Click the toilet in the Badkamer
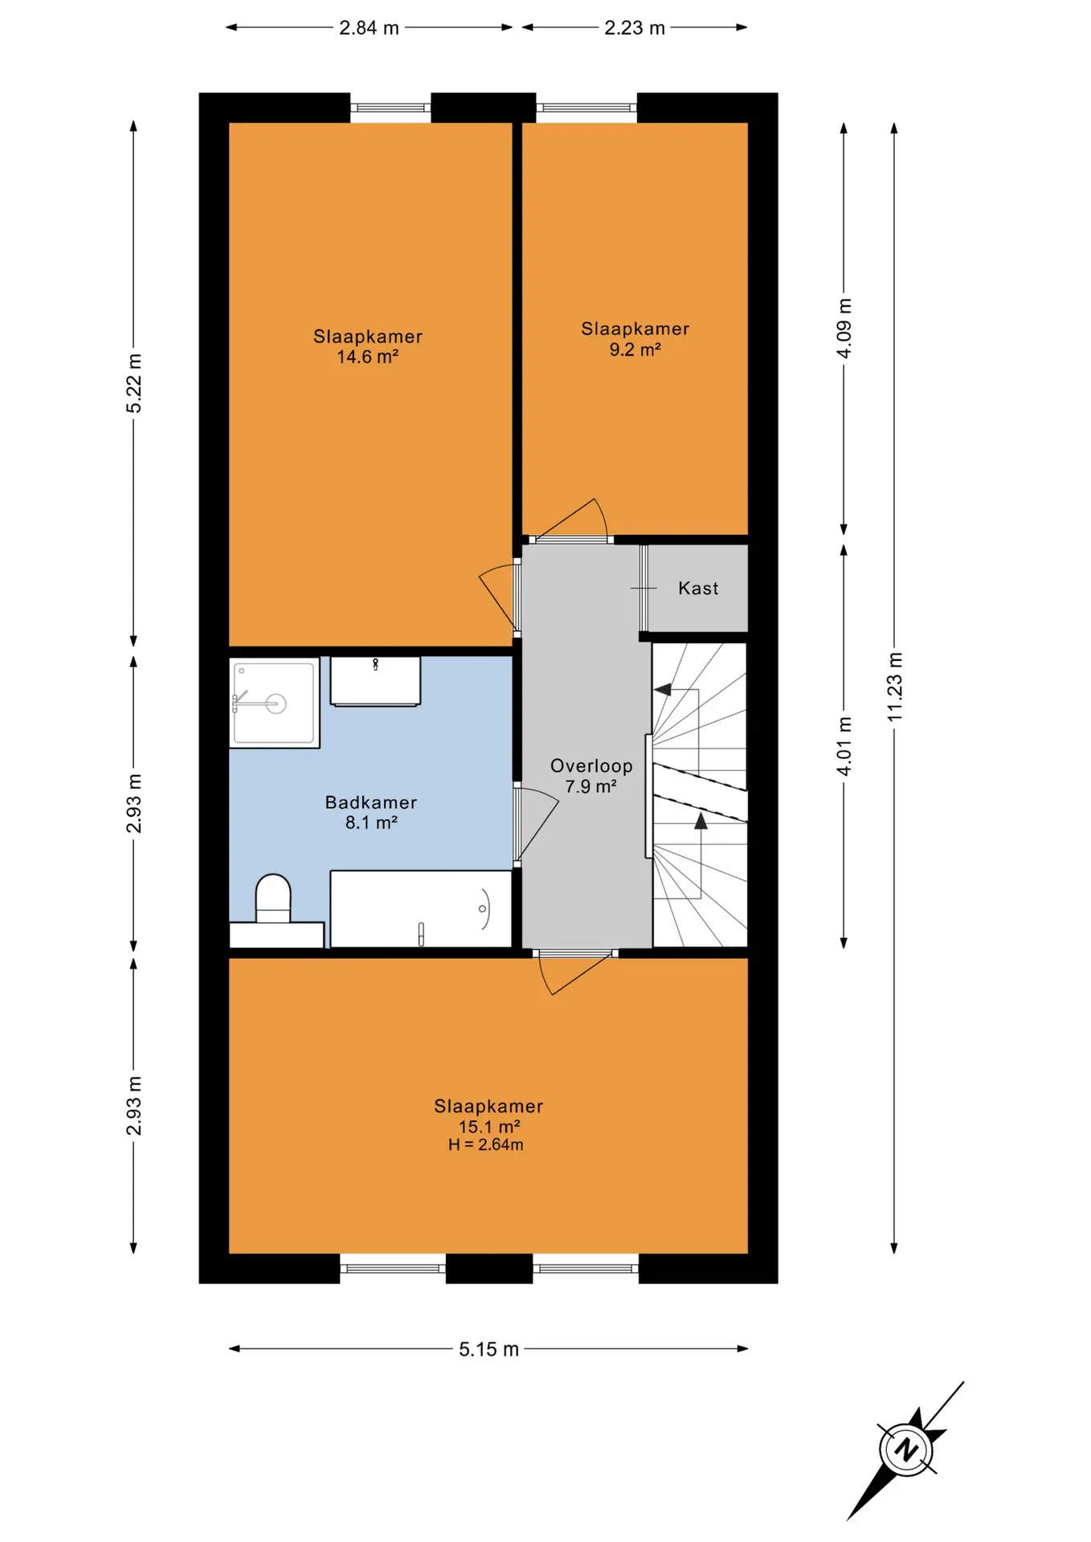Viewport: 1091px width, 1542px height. click(273, 899)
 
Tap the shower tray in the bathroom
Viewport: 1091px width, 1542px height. click(274, 703)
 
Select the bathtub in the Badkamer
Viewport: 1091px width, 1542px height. click(421, 908)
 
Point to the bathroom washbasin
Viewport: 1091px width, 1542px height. click(375, 681)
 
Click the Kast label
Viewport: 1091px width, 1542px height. click(698, 588)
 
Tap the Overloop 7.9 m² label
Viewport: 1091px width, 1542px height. click(591, 776)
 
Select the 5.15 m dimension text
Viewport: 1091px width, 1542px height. click(488, 1348)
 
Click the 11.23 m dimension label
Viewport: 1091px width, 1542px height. click(895, 687)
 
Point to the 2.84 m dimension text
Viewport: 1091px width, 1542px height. click(369, 27)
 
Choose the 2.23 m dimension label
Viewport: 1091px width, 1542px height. click(635, 27)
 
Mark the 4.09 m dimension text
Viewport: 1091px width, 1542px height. click(844, 328)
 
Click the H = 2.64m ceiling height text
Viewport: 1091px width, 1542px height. click(485, 1144)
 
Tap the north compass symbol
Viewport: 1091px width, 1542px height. click(906, 1450)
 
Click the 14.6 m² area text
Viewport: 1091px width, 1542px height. click(367, 357)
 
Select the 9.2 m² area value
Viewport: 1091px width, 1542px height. click(635, 349)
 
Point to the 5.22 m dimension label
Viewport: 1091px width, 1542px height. click(134, 383)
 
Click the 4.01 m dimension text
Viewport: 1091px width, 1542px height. click(844, 746)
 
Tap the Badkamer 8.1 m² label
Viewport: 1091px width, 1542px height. click(370, 812)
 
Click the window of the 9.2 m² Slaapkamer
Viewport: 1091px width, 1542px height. click(586, 108)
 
